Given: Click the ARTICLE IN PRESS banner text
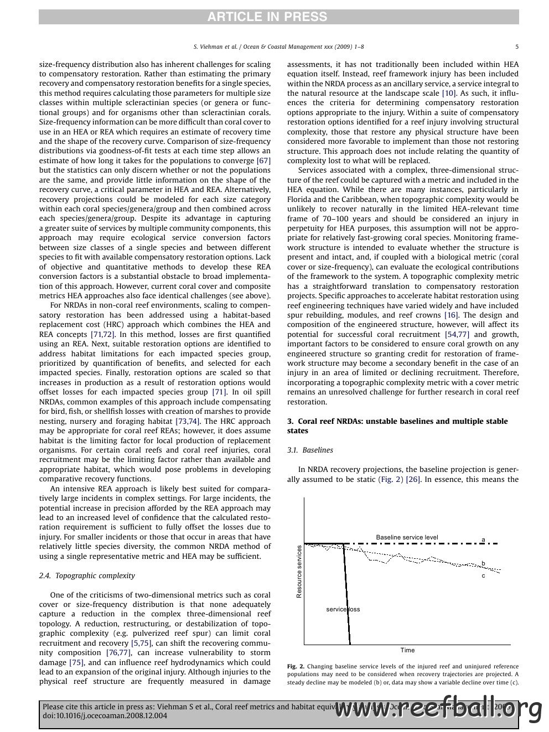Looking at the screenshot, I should point(267,17).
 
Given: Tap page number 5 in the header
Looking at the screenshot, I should point(517,47).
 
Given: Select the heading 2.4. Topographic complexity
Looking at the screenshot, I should point(87,575).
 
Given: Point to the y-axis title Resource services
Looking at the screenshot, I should point(299,571).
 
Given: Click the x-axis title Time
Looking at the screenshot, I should point(407,650).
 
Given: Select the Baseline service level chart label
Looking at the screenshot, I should point(407,537).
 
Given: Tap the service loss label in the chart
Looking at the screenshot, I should point(343,609).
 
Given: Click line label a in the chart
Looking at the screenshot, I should point(483,539).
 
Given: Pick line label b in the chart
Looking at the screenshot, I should point(483,563).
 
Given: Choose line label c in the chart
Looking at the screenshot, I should point(483,575).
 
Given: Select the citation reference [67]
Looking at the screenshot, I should point(263,160).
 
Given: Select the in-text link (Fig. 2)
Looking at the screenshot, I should point(390,479).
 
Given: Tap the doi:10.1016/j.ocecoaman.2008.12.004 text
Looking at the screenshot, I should point(105,715).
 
